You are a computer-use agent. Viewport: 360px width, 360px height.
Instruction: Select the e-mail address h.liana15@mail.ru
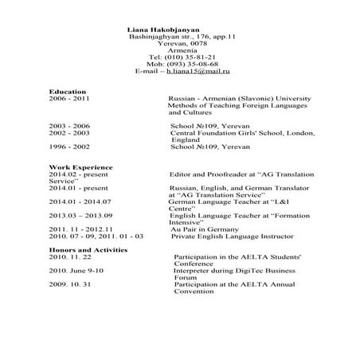[x=198, y=72]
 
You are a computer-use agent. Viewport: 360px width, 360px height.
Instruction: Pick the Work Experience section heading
[x=80, y=166]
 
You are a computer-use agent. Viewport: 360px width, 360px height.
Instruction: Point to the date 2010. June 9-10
[x=76, y=271]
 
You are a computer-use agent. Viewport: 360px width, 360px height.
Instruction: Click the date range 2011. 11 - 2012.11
[x=81, y=229]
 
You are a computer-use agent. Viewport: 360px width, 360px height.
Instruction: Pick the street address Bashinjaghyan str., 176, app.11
[x=182, y=37]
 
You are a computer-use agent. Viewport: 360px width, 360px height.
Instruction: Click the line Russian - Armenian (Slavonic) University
[x=239, y=99]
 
